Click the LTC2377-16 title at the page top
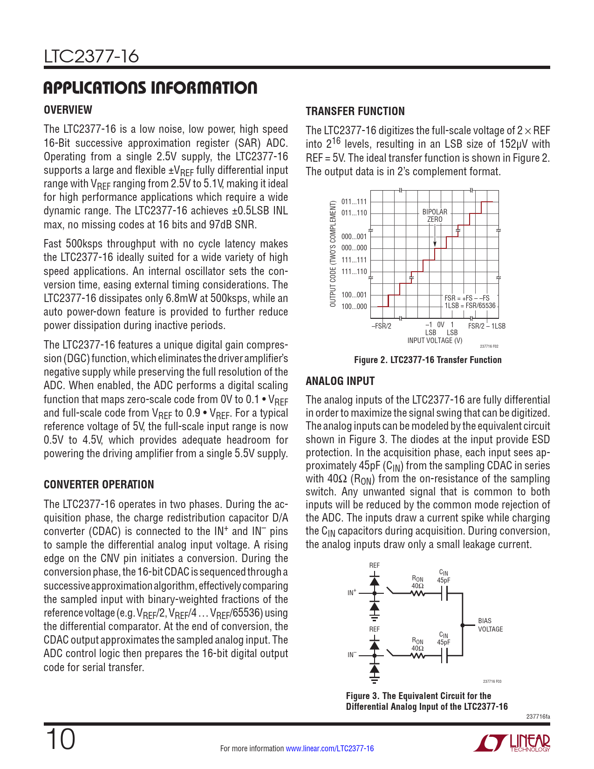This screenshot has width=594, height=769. pos(91,56)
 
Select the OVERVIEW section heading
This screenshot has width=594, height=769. pos(68,110)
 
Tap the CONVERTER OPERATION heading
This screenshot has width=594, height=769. pos(99,485)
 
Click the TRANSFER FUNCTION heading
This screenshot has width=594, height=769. pos(355,111)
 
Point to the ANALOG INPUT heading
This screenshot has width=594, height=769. pos(340,381)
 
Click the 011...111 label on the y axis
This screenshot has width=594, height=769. pos(354,202)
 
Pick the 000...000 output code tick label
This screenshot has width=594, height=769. pos(354,248)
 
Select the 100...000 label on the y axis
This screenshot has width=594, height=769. pos(354,307)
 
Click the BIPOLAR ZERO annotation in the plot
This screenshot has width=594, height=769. pos(435,216)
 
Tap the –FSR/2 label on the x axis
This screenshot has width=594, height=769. pos(381,326)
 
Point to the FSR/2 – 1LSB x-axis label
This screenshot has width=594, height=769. pos(487,326)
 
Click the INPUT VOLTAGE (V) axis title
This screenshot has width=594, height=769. pos(435,341)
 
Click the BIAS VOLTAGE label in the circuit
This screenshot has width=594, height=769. pos(490,625)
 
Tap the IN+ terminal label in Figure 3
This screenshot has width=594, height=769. pos(352,593)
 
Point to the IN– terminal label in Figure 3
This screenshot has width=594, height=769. pos(352,655)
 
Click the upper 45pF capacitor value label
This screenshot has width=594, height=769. pos(444,581)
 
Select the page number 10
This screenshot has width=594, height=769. pos(60,740)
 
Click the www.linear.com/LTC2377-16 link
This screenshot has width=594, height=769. pos(329,748)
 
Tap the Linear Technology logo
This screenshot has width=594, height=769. pos(512,743)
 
